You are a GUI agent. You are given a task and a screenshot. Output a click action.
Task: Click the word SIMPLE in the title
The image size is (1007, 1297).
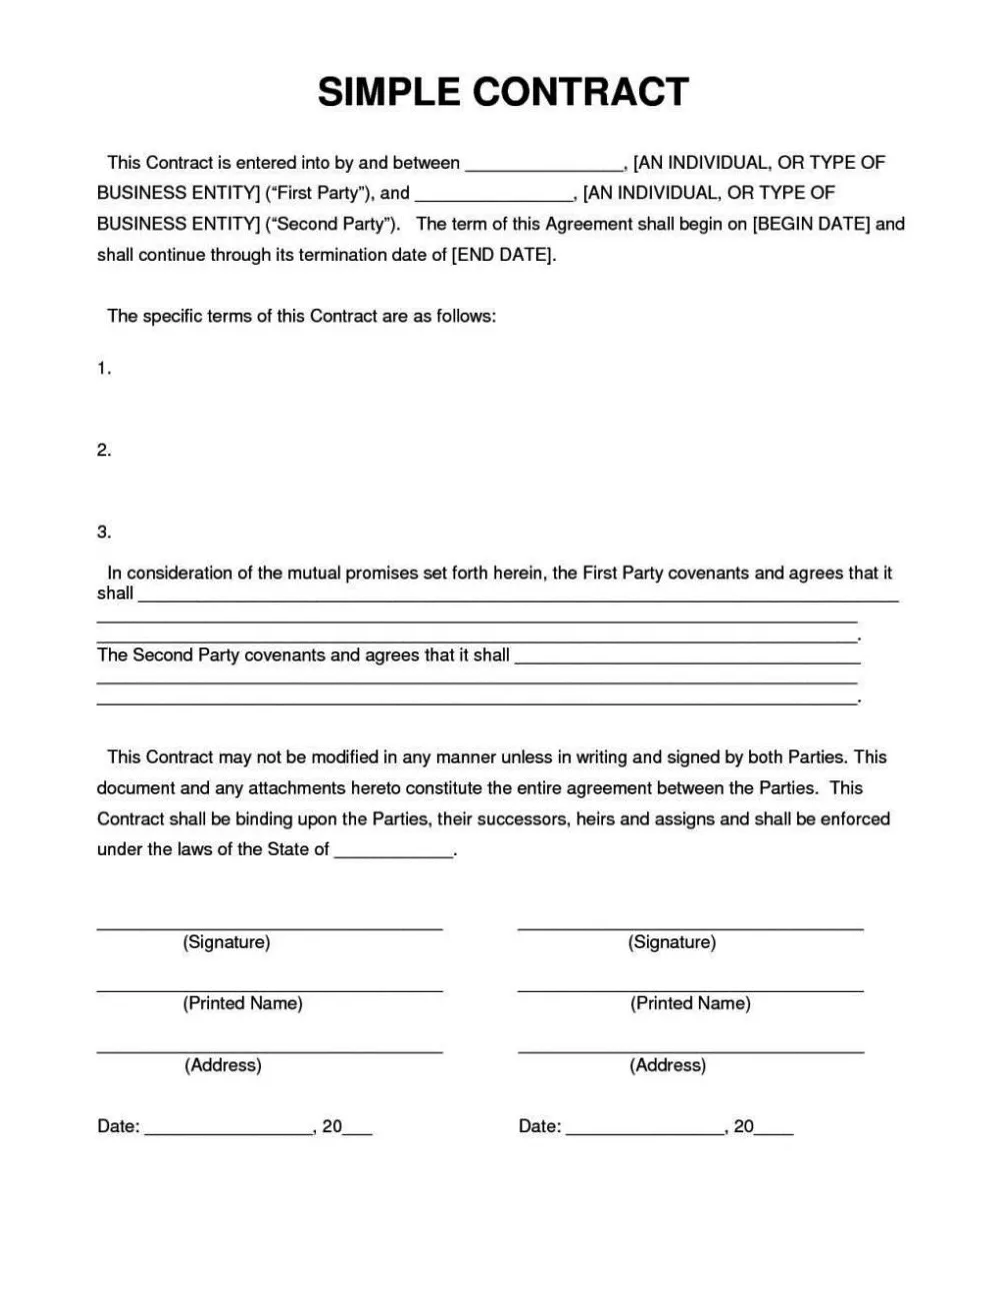(x=389, y=92)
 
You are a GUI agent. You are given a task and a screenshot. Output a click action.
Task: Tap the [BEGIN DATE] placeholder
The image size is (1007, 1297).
(x=811, y=224)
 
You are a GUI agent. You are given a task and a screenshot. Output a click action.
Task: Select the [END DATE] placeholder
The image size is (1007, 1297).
(x=502, y=255)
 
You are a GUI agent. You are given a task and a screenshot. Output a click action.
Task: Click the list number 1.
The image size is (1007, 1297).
(x=103, y=369)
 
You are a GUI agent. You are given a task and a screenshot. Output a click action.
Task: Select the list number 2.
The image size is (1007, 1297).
(x=103, y=451)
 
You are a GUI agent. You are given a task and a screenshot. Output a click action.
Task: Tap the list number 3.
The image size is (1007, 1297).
(x=103, y=533)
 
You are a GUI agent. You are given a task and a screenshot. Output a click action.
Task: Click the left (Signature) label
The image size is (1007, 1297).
(x=226, y=942)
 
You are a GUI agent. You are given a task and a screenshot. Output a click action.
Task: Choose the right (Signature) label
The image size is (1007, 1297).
(x=672, y=942)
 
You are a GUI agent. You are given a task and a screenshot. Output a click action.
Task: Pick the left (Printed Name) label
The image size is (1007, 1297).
(x=242, y=1003)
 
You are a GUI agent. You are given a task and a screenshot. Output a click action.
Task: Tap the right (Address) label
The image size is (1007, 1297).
(x=668, y=1065)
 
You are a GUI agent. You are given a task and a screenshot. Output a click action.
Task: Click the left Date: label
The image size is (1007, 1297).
(x=118, y=1127)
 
